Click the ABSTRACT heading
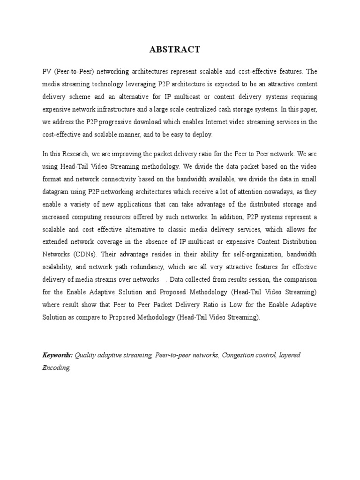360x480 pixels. pyautogui.click(x=174, y=49)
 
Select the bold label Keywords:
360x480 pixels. pyautogui.click(x=57, y=355)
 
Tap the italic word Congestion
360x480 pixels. pyautogui.click(x=240, y=355)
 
